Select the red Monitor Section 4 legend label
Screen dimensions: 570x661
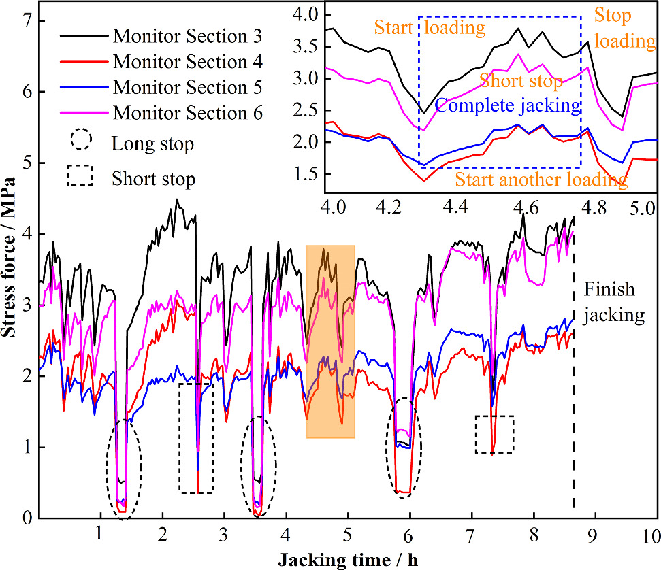[x=187, y=61]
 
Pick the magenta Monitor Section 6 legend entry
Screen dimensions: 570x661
[x=187, y=113]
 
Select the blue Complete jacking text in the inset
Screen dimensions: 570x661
[x=507, y=105]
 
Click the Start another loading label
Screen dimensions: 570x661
[x=541, y=180]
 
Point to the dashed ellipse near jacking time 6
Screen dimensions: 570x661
[x=404, y=448]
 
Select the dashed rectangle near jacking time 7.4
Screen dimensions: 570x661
[x=494, y=433]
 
